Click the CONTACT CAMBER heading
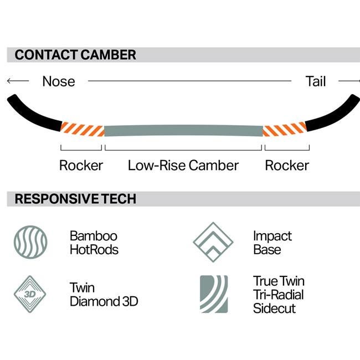(75, 55)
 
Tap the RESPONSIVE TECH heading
(75, 199)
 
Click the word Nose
(59, 81)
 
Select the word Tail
(316, 81)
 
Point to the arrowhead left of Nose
(9, 81)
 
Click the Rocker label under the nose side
(81, 165)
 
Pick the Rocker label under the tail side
(287, 165)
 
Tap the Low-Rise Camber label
(183, 165)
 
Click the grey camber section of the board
(184, 131)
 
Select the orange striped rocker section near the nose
(82, 129)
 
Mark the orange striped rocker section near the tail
(285, 129)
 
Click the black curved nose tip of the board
(32, 115)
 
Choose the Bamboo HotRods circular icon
(30, 242)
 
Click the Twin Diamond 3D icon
(30, 294)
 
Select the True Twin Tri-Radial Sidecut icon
(214, 294)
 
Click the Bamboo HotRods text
(94, 243)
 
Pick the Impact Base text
(272, 243)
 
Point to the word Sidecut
(274, 308)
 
